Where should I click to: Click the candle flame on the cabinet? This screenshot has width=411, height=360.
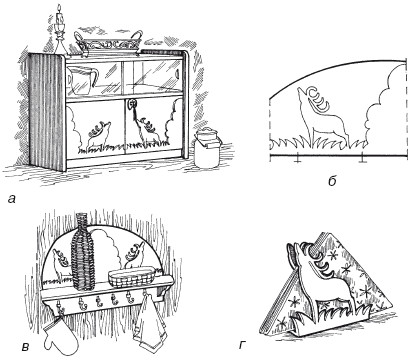(59, 8)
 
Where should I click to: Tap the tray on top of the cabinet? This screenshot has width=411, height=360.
(109, 43)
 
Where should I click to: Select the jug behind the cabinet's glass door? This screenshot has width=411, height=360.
(82, 80)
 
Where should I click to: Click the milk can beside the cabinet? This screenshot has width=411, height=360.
(208, 148)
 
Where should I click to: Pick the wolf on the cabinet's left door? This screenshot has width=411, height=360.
(98, 136)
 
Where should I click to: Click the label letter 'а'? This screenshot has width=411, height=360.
(12, 199)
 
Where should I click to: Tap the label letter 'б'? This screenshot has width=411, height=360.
(332, 180)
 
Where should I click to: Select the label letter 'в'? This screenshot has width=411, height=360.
(26, 348)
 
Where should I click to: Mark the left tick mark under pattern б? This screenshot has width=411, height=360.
(297, 159)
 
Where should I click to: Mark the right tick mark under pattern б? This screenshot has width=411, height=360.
(362, 159)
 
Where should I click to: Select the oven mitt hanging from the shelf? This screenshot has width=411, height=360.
(61, 335)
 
